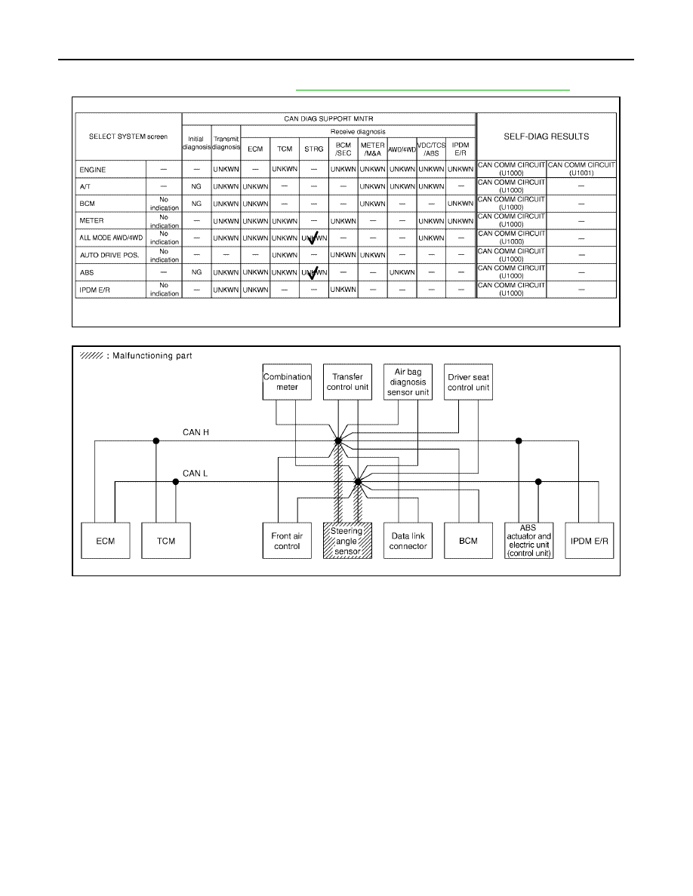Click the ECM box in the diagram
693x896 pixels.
[106, 541]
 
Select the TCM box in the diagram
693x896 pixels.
[166, 541]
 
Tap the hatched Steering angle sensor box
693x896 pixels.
[348, 541]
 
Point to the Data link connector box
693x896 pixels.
[408, 541]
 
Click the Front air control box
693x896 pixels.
[287, 541]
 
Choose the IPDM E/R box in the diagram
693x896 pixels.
[590, 541]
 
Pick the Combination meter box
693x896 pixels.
[287, 382]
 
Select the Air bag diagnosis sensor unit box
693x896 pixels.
[408, 382]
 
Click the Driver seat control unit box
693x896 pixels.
[468, 382]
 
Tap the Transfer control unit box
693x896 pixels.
[348, 382]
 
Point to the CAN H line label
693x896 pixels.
[196, 433]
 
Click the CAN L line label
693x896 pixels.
[195, 473]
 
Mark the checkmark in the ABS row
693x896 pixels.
[313, 273]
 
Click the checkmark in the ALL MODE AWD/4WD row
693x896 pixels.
[313, 238]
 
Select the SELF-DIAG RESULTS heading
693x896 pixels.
[546, 137]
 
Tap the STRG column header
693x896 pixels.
[314, 149]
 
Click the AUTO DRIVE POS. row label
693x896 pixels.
[109, 255]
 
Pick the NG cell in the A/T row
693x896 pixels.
[196, 186]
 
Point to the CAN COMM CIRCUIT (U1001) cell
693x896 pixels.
[581, 169]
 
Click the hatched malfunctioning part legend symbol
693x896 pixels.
[91, 355]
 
